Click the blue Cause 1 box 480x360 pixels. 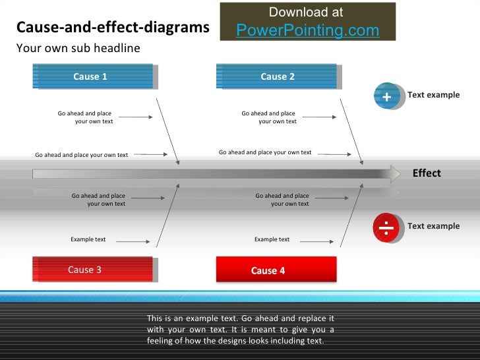coord(92,76)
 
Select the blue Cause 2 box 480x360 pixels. coord(276,76)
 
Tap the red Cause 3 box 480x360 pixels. coord(92,270)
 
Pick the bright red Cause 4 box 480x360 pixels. coord(276,270)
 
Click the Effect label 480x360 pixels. coord(426,173)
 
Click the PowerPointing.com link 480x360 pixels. coord(307,30)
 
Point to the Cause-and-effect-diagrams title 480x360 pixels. coord(113,28)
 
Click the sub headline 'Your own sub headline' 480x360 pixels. coord(78,48)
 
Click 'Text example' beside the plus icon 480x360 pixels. coord(433,95)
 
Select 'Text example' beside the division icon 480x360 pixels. coord(433,226)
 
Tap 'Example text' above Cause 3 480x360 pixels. coord(88,239)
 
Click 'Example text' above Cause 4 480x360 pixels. coord(272,239)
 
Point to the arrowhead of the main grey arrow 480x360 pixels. coord(394,173)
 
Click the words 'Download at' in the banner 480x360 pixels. coord(306,13)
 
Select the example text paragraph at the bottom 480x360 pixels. coord(240,330)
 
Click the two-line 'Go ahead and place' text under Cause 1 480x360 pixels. coord(86,117)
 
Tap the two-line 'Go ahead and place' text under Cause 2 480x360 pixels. coord(269,117)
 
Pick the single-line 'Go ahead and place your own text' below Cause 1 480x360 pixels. coord(81,155)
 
